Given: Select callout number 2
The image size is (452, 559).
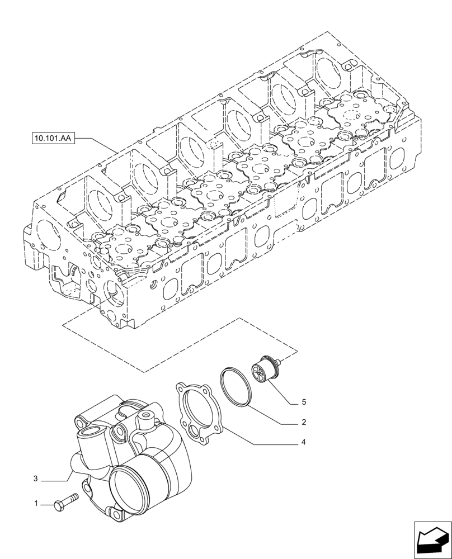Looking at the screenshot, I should click(303, 422).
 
